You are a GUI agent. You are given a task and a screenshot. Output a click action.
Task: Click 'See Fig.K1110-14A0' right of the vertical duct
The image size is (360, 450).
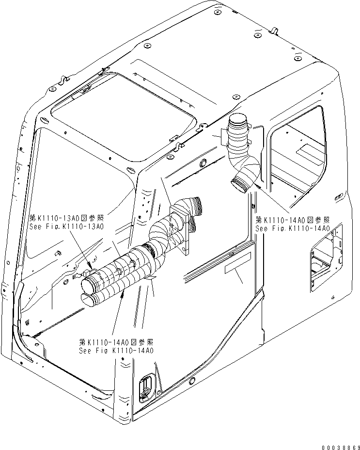293,228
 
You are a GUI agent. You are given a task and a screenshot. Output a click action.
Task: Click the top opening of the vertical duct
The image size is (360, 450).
238,119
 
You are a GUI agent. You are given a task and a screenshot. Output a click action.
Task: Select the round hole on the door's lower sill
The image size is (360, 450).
192,379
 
